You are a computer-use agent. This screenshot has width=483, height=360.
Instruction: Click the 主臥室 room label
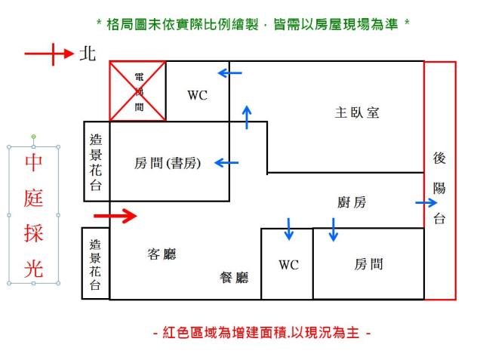tap(357, 112)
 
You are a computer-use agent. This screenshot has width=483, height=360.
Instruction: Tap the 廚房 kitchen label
tap(352, 202)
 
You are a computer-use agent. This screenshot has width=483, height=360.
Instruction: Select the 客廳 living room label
tap(161, 254)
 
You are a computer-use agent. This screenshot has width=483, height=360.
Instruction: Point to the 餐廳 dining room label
tap(234, 278)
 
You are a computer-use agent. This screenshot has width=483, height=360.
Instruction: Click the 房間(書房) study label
tap(168, 162)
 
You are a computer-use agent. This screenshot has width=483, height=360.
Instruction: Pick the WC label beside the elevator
tap(197, 95)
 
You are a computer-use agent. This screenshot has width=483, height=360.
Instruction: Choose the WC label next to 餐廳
tap(288, 265)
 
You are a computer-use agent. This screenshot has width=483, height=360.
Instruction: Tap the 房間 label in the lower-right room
tap(368, 264)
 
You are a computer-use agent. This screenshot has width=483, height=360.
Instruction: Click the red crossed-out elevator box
tap(138, 91)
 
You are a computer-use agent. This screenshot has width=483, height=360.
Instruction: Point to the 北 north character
tap(88, 54)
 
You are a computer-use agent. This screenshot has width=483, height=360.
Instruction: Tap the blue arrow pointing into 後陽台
tap(426, 202)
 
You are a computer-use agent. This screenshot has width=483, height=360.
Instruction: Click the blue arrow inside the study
tap(226, 162)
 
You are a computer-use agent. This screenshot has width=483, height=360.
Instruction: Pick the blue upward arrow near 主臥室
tap(247, 116)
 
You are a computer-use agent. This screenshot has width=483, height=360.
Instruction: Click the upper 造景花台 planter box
tap(97, 162)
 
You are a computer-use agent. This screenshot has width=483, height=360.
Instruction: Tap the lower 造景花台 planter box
tap(95, 263)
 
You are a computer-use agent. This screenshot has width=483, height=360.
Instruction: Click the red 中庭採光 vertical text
tap(34, 215)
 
